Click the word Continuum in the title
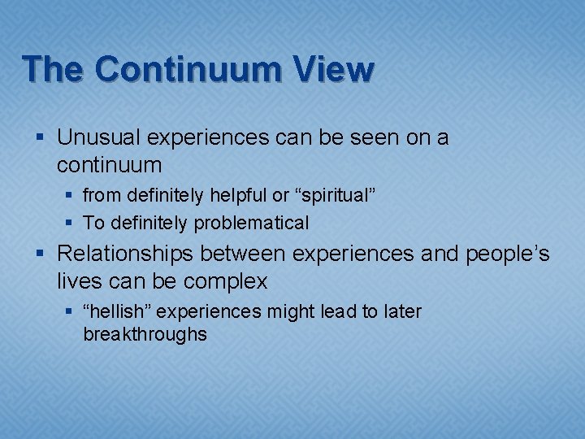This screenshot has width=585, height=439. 188,70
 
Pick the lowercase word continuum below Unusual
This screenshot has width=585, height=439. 110,166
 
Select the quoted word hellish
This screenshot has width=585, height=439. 114,312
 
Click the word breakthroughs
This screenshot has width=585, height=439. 145,334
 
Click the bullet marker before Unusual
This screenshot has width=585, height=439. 42,139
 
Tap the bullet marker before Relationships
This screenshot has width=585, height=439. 42,255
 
